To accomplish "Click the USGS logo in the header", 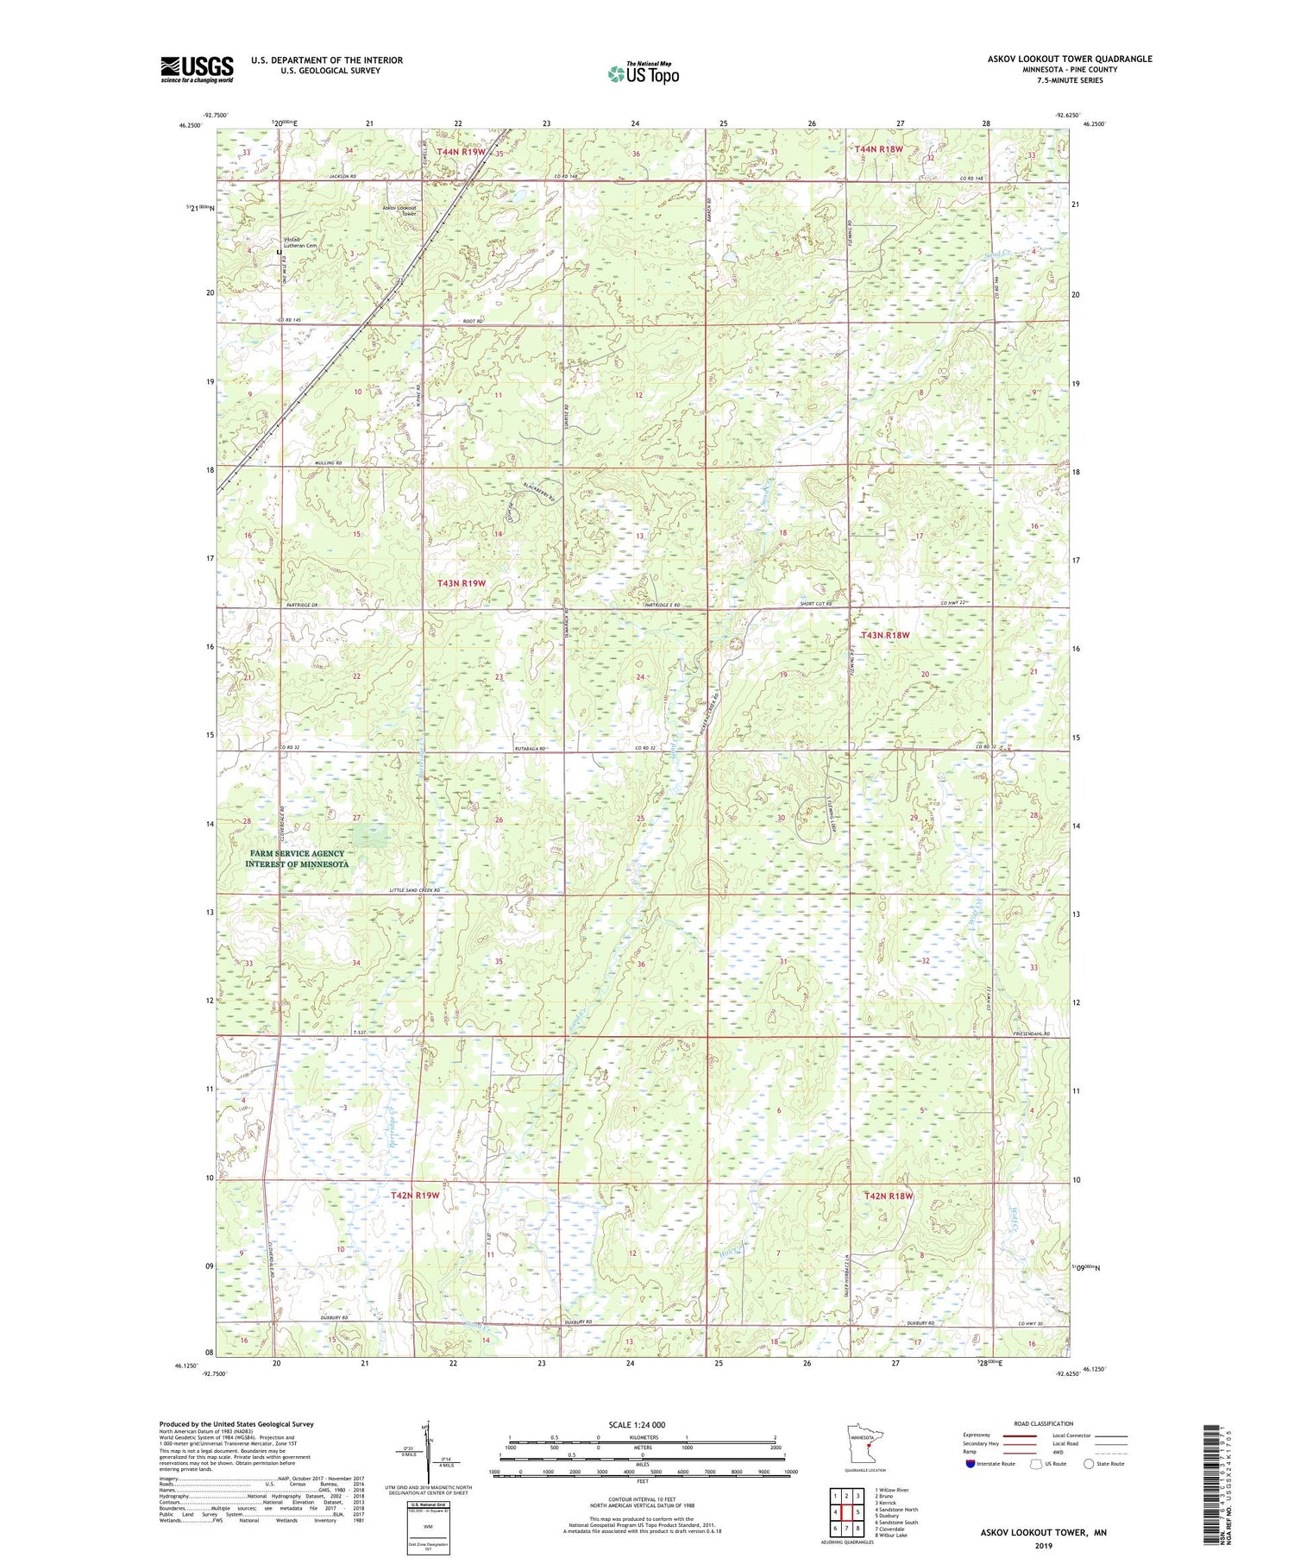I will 197,69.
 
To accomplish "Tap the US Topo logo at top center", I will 642,74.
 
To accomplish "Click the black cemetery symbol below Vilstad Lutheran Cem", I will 278,252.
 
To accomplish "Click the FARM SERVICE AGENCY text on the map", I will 296,853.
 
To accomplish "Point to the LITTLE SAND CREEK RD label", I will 414,890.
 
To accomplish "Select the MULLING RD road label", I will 327,463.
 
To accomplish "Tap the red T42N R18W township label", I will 888,1196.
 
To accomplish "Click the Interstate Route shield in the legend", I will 970,1463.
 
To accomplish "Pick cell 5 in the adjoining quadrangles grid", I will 858,1511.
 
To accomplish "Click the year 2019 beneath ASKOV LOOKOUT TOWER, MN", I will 1042,1546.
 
